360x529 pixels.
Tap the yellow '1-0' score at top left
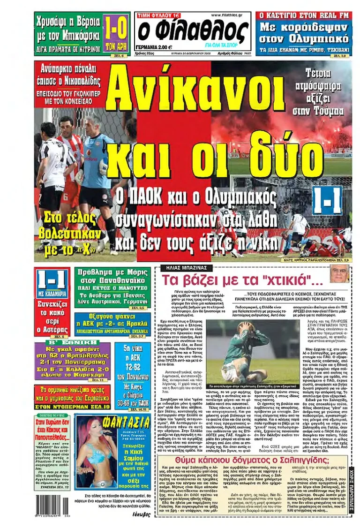tap(115, 30)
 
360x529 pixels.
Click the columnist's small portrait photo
tap(338, 274)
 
